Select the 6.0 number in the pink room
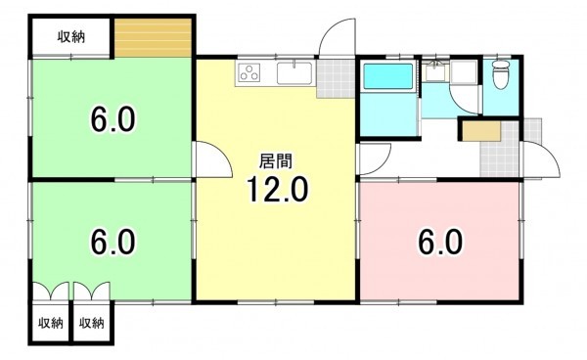439,240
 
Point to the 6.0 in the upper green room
113,120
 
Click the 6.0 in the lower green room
113,240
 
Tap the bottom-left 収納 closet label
51,323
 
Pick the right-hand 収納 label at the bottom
92,323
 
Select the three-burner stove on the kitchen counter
249,71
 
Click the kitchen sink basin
293,71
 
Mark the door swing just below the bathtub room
374,158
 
